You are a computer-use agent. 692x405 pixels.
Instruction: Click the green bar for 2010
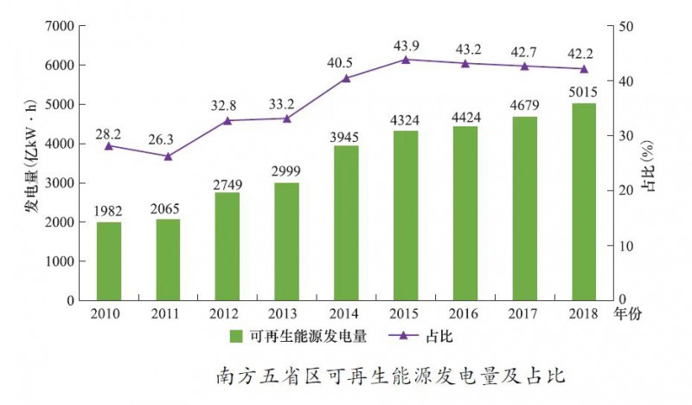109,261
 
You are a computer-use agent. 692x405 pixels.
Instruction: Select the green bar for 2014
346,223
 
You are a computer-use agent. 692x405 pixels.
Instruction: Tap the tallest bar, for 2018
583,202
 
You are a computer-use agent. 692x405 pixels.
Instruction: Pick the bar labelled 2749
227,247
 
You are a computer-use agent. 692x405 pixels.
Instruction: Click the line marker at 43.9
406,60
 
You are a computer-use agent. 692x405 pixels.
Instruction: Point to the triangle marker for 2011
169,157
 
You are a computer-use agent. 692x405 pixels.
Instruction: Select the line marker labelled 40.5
346,79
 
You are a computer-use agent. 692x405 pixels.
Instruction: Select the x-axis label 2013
287,313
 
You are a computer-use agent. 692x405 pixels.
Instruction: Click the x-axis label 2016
465,313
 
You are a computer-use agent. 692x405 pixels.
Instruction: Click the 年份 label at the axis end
625,313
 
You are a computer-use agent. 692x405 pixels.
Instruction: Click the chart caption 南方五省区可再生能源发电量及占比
391,377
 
